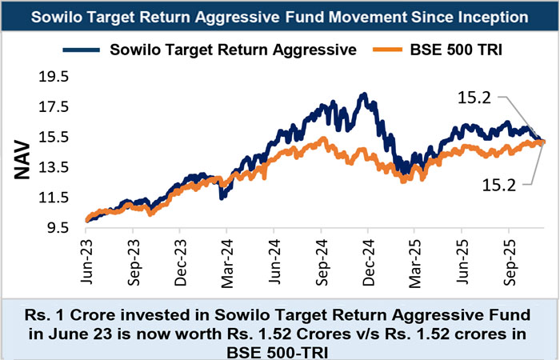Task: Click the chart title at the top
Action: click(280, 16)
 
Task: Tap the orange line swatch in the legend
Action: click(391, 50)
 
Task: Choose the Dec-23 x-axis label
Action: click(180, 255)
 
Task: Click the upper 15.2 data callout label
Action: click(474, 98)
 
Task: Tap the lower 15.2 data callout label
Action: click(499, 185)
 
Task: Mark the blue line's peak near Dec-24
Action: click(364, 95)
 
